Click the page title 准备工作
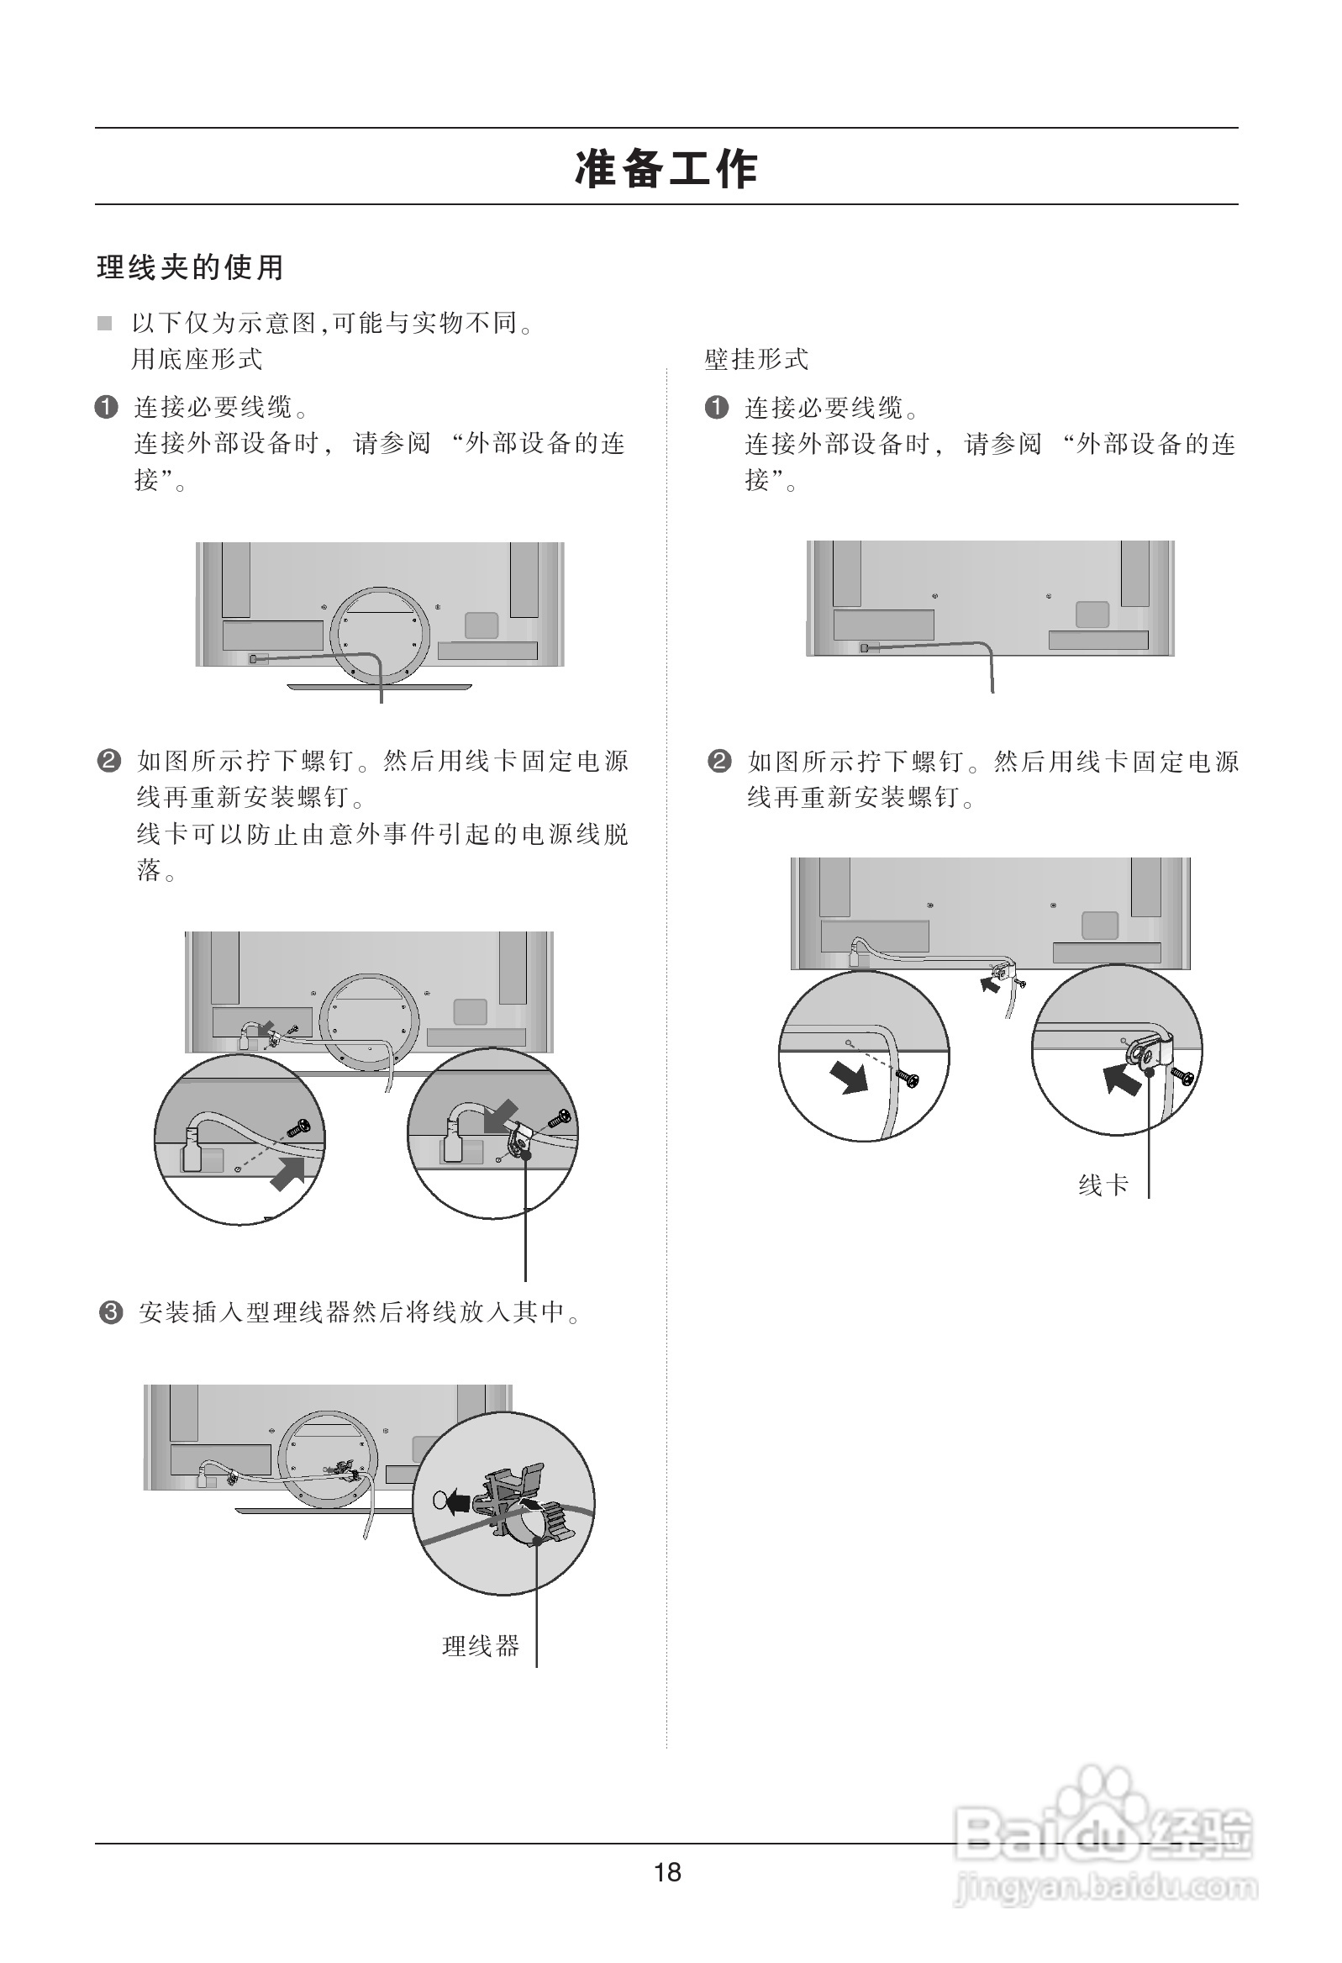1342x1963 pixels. [666, 168]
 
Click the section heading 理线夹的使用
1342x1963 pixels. [190, 268]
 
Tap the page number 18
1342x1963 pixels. [667, 1871]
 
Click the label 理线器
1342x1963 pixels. [481, 1645]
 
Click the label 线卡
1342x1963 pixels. [1103, 1185]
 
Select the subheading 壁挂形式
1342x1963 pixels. [756, 360]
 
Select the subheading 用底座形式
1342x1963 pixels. [197, 360]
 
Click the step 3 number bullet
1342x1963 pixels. [111, 1312]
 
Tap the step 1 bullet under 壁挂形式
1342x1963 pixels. [716, 408]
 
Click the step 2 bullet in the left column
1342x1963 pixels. [109, 761]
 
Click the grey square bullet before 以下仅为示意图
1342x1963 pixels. [105, 324]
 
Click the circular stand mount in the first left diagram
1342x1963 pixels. [379, 635]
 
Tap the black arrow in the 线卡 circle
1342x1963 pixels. [1121, 1079]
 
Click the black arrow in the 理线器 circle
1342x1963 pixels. [457, 1500]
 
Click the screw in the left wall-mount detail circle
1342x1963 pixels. [907, 1079]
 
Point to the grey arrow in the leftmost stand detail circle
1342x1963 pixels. [288, 1174]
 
